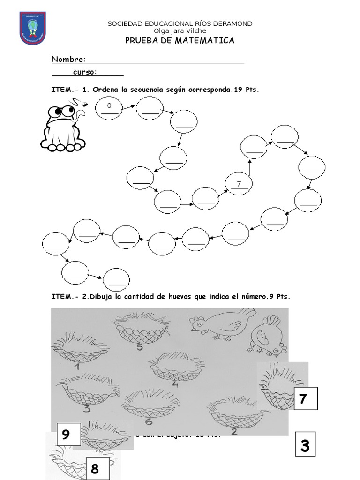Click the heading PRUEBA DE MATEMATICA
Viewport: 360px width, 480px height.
tap(180, 41)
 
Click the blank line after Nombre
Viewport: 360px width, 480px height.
tap(165, 60)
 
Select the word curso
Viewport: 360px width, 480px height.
tap(84, 72)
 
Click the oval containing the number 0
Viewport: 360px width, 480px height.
tap(109, 109)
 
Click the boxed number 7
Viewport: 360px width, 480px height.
tap(303, 399)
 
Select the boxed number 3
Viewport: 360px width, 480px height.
tap(305, 446)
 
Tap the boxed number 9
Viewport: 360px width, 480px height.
tap(66, 435)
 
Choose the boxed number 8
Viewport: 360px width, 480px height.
tap(95, 469)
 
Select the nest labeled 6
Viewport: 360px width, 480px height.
tap(149, 404)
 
